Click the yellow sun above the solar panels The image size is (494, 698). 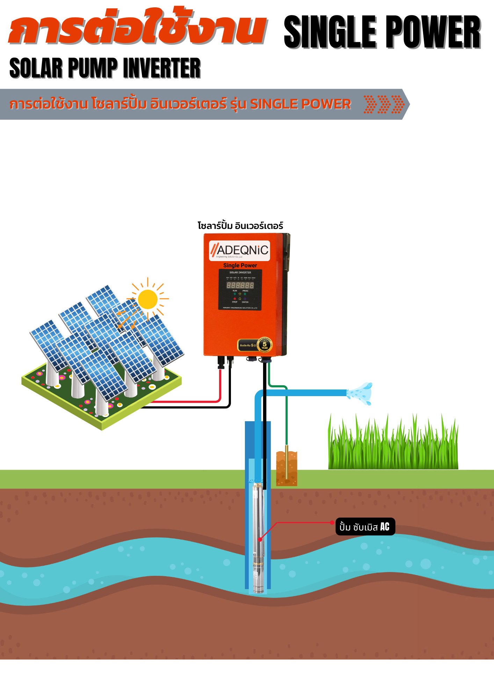[x=148, y=299]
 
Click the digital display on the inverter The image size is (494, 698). [x=240, y=285]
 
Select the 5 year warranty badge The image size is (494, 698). [x=264, y=344]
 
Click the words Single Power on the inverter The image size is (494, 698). [x=240, y=265]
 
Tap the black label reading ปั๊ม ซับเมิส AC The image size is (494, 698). [x=365, y=527]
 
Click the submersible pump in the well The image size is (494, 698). [x=258, y=537]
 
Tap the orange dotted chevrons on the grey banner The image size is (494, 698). [x=384, y=104]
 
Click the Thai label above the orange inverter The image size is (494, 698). [x=240, y=225]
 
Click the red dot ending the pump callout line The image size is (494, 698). [x=332, y=522]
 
